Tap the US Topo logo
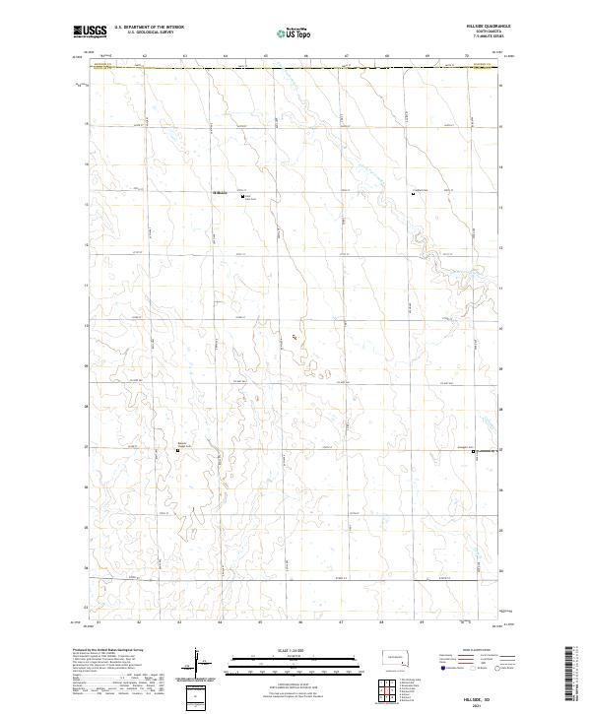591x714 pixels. coord(295,32)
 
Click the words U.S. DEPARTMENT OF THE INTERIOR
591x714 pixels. coord(149,28)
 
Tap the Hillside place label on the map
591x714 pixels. coord(221,192)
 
